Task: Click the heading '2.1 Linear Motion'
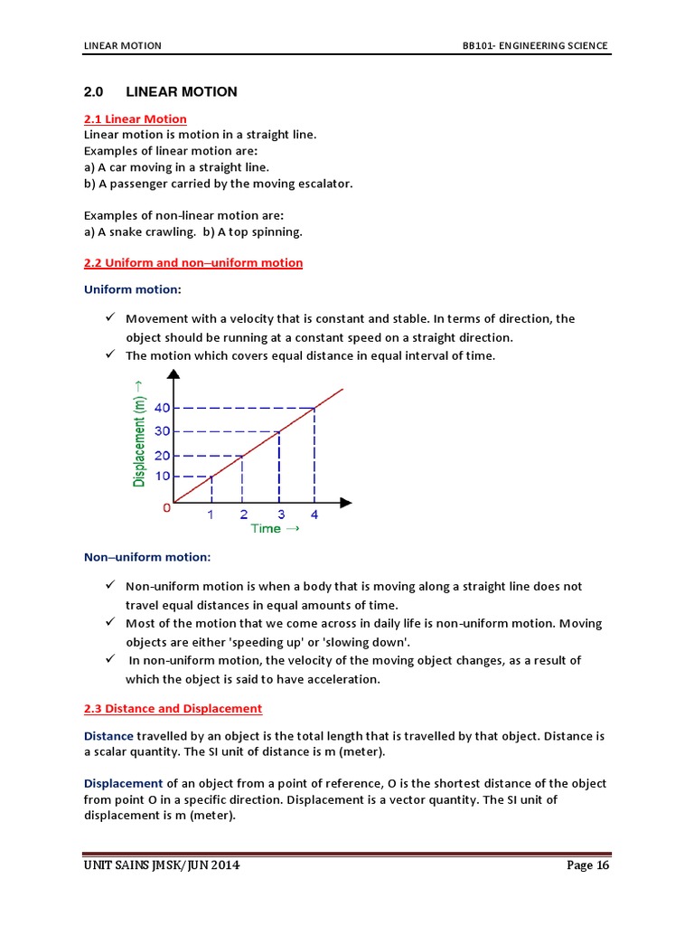(x=135, y=118)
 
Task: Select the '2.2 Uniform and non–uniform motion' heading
(x=192, y=262)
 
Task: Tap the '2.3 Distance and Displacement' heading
(x=173, y=708)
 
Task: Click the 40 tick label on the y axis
(x=162, y=408)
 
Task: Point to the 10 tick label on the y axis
(x=162, y=477)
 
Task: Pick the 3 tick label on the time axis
(x=280, y=515)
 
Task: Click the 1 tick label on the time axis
(x=211, y=515)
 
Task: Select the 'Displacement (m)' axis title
(x=139, y=432)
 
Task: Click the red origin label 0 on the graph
(x=166, y=508)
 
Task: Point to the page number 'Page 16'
(x=587, y=865)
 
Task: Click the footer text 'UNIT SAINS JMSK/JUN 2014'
(x=162, y=865)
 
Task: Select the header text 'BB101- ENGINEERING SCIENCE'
(x=535, y=46)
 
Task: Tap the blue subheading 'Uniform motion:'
(x=132, y=289)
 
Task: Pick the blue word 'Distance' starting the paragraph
(x=108, y=736)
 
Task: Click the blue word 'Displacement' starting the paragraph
(x=123, y=783)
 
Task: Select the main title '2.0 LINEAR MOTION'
(x=160, y=91)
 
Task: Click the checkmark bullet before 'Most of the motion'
(x=108, y=622)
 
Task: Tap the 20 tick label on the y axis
(x=162, y=455)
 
